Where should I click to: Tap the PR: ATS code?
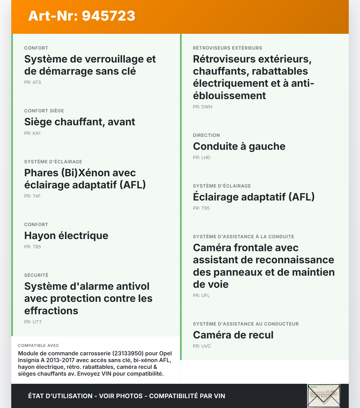point(33,82)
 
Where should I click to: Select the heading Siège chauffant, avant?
point(80,122)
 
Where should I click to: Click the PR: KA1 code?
point(32,133)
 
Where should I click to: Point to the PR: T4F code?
point(32,196)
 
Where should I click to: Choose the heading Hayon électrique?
point(66,236)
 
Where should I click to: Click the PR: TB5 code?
point(33,247)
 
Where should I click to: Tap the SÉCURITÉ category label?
point(36,275)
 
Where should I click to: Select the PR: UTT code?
point(33,322)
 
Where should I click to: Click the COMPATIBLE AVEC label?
point(39,345)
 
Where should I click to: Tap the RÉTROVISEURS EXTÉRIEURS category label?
point(228,48)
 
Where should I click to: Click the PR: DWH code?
point(202,107)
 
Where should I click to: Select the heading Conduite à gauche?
point(239,146)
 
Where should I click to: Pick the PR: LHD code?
point(202,157)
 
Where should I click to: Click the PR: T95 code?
point(201,208)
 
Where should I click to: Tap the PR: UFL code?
point(201,295)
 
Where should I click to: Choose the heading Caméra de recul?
point(233,335)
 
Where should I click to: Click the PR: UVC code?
point(202,346)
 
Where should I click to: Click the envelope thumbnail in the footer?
point(324,396)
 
